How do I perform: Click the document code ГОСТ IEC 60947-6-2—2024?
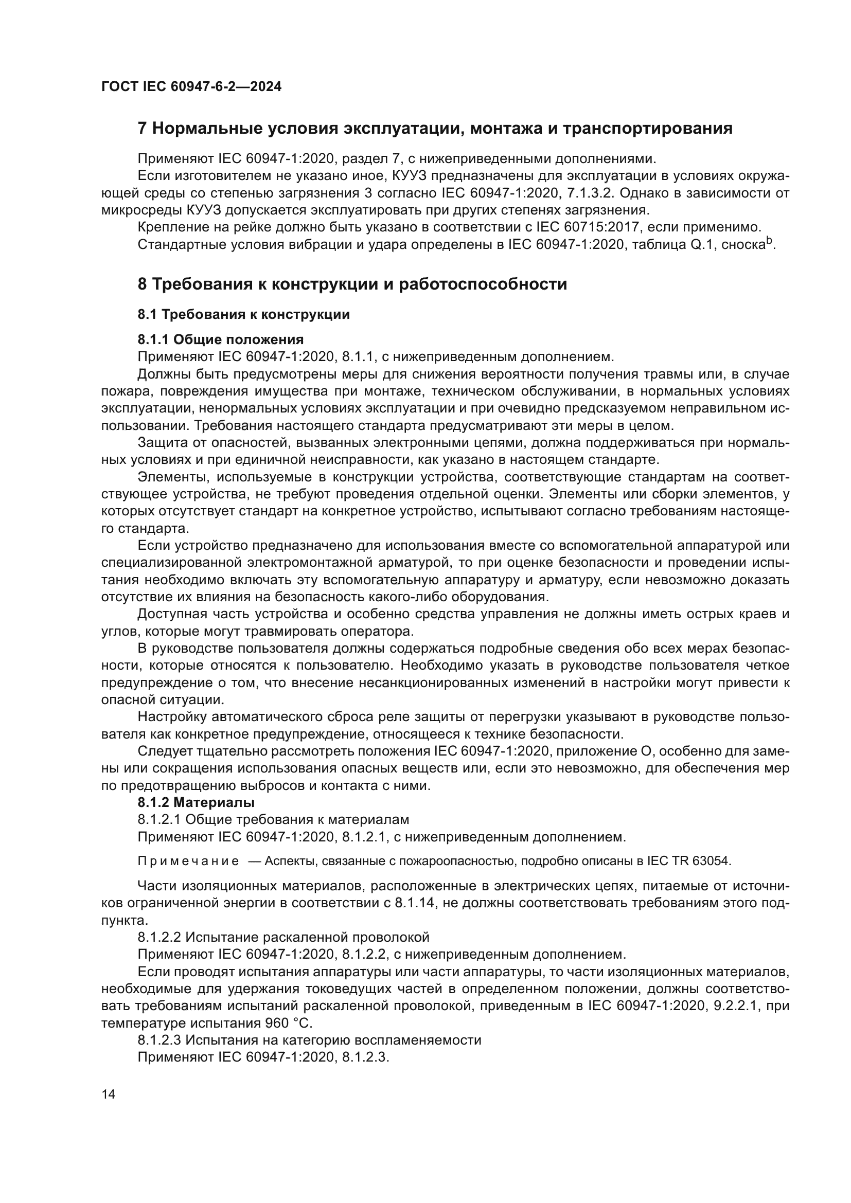click(191, 87)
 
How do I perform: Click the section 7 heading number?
click(141, 129)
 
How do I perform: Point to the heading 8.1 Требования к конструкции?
click(244, 314)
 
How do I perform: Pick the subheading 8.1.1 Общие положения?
click(221, 339)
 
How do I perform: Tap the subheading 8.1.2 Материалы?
click(196, 802)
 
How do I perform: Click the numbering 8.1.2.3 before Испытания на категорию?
click(159, 1040)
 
